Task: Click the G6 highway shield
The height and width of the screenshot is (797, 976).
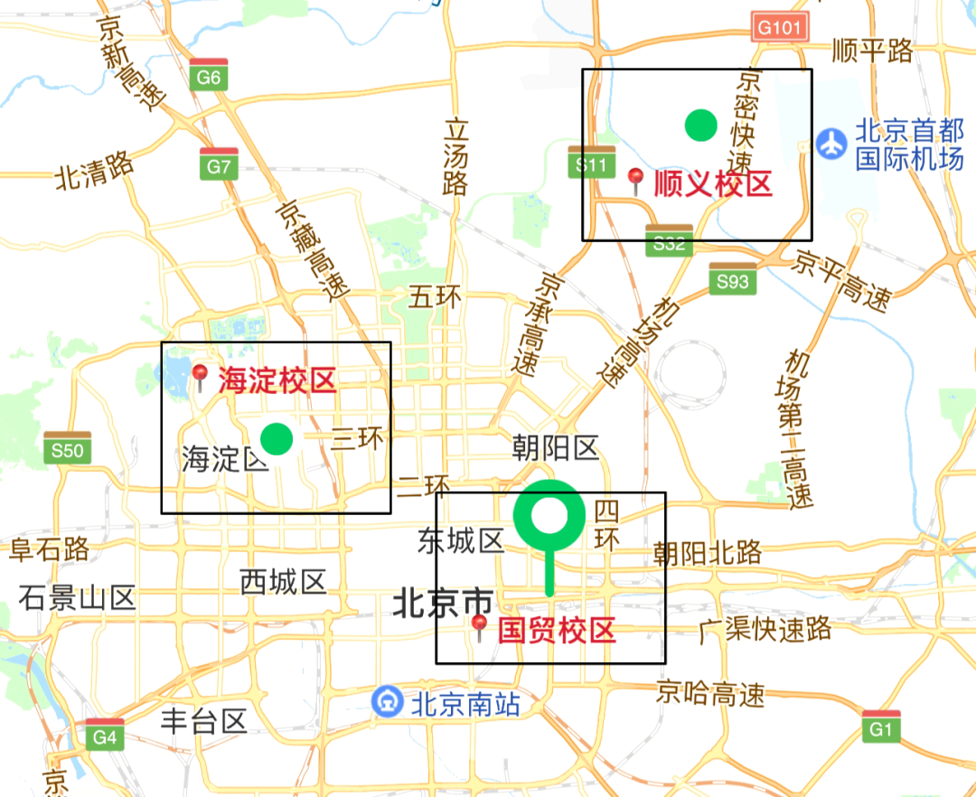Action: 209,75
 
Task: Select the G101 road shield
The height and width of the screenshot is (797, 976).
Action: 778,26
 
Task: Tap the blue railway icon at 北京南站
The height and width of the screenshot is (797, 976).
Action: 388,701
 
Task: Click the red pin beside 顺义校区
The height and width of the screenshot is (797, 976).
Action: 636,181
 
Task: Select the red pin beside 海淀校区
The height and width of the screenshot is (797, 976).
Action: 200,376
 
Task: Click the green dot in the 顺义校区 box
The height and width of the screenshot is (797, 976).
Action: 700,125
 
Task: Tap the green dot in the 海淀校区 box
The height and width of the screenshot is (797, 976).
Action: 277,438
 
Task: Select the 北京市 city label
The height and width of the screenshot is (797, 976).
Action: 443,604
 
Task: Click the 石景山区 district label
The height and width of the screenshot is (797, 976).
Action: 77,597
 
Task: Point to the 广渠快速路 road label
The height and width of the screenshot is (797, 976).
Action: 765,630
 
